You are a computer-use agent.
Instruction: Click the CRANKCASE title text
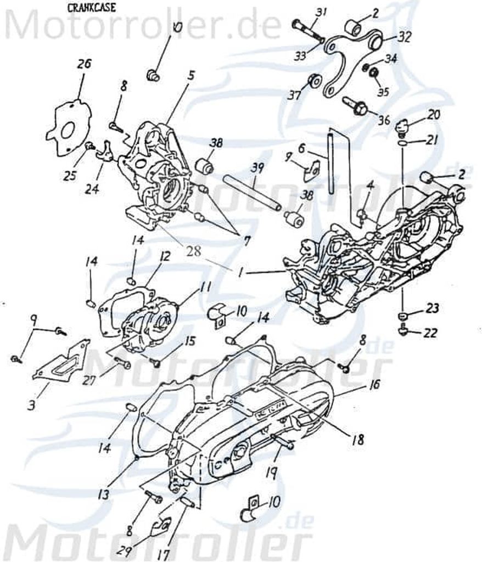pyautogui.click(x=87, y=8)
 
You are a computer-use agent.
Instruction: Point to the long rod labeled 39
pyautogui.click(x=252, y=193)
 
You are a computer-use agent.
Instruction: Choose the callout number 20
pyautogui.click(x=434, y=115)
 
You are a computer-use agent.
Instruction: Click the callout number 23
pyautogui.click(x=433, y=308)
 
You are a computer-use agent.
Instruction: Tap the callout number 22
pyautogui.click(x=432, y=331)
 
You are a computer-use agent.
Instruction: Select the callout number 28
pyautogui.click(x=194, y=251)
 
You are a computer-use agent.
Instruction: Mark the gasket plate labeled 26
pyautogui.click(x=66, y=126)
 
